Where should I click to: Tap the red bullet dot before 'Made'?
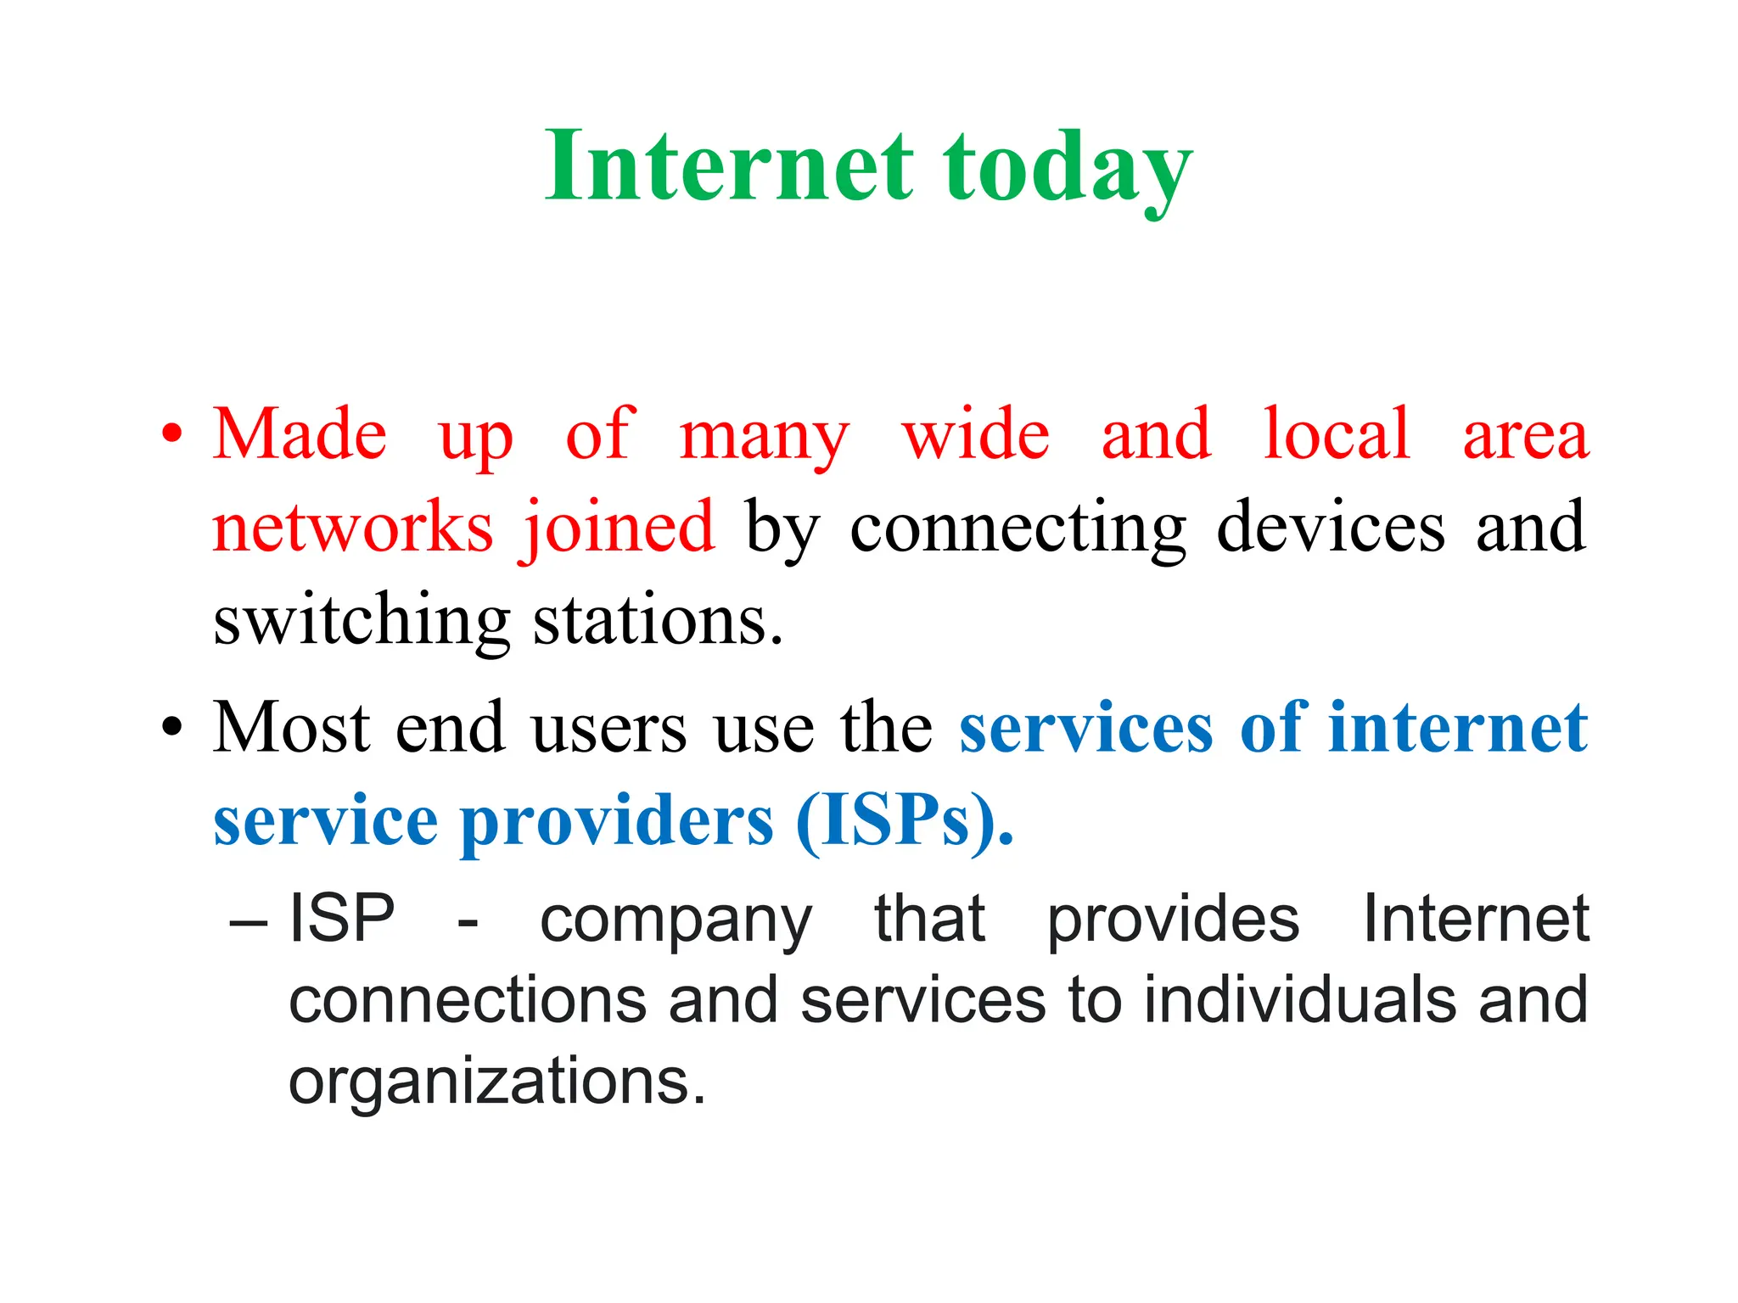pyautogui.click(x=172, y=433)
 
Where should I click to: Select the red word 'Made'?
pyautogui.click(x=300, y=433)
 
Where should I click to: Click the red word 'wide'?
pyautogui.click(x=975, y=433)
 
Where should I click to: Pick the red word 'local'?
pyautogui.click(x=1337, y=433)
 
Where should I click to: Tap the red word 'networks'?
pyautogui.click(x=352, y=527)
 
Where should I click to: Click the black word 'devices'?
pyautogui.click(x=1330, y=527)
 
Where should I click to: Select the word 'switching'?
pyautogui.click(x=362, y=622)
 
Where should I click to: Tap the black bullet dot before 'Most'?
pyautogui.click(x=172, y=727)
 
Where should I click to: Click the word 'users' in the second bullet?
pyautogui.click(x=608, y=728)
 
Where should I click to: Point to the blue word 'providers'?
pyautogui.click(x=617, y=821)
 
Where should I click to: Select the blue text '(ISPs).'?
pyautogui.click(x=905, y=820)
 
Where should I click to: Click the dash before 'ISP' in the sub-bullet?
pyautogui.click(x=249, y=920)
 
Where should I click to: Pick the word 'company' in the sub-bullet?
pyautogui.click(x=676, y=920)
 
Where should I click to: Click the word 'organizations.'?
pyautogui.click(x=496, y=1081)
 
